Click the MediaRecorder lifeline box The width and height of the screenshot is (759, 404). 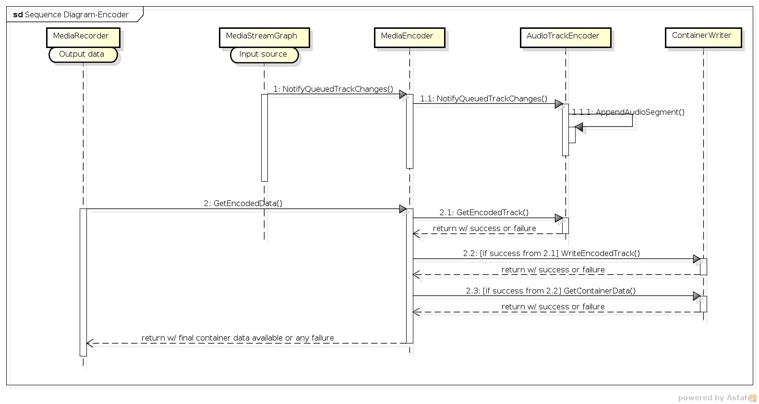pyautogui.click(x=83, y=37)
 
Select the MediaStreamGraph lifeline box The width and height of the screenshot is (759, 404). pyautogui.click(x=265, y=37)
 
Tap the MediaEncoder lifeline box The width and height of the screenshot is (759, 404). pyautogui.click(x=410, y=37)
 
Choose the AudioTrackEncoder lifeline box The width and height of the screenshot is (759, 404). pyautogui.click(x=566, y=37)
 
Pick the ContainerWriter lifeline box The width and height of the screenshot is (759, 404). pyautogui.click(x=703, y=37)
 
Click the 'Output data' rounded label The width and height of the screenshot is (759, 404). pyautogui.click(x=83, y=55)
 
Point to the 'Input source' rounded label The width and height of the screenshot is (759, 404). pyautogui.click(x=264, y=55)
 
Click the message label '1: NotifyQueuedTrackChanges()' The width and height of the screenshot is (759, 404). pyautogui.click(x=333, y=89)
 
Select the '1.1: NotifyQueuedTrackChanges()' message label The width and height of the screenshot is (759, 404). pyautogui.click(x=483, y=98)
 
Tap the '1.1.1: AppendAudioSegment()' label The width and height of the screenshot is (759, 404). pyautogui.click(x=628, y=112)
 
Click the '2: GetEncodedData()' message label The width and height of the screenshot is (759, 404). pyautogui.click(x=243, y=203)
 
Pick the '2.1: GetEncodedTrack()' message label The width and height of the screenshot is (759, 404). pyautogui.click(x=484, y=212)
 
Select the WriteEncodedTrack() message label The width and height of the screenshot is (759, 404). pyautogui.click(x=551, y=254)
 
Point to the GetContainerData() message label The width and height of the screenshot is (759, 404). pyautogui.click(x=551, y=291)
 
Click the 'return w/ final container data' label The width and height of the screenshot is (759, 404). pyautogui.click(x=238, y=338)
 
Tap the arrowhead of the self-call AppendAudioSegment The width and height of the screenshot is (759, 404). pyautogui.click(x=579, y=127)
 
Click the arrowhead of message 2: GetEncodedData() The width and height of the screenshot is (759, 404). pyautogui.click(x=403, y=209)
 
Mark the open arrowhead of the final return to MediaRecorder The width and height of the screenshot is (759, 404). pyautogui.click(x=90, y=343)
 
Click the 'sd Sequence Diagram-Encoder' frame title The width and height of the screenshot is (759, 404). pyautogui.click(x=71, y=14)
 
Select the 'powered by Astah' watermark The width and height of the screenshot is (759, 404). pyautogui.click(x=717, y=398)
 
